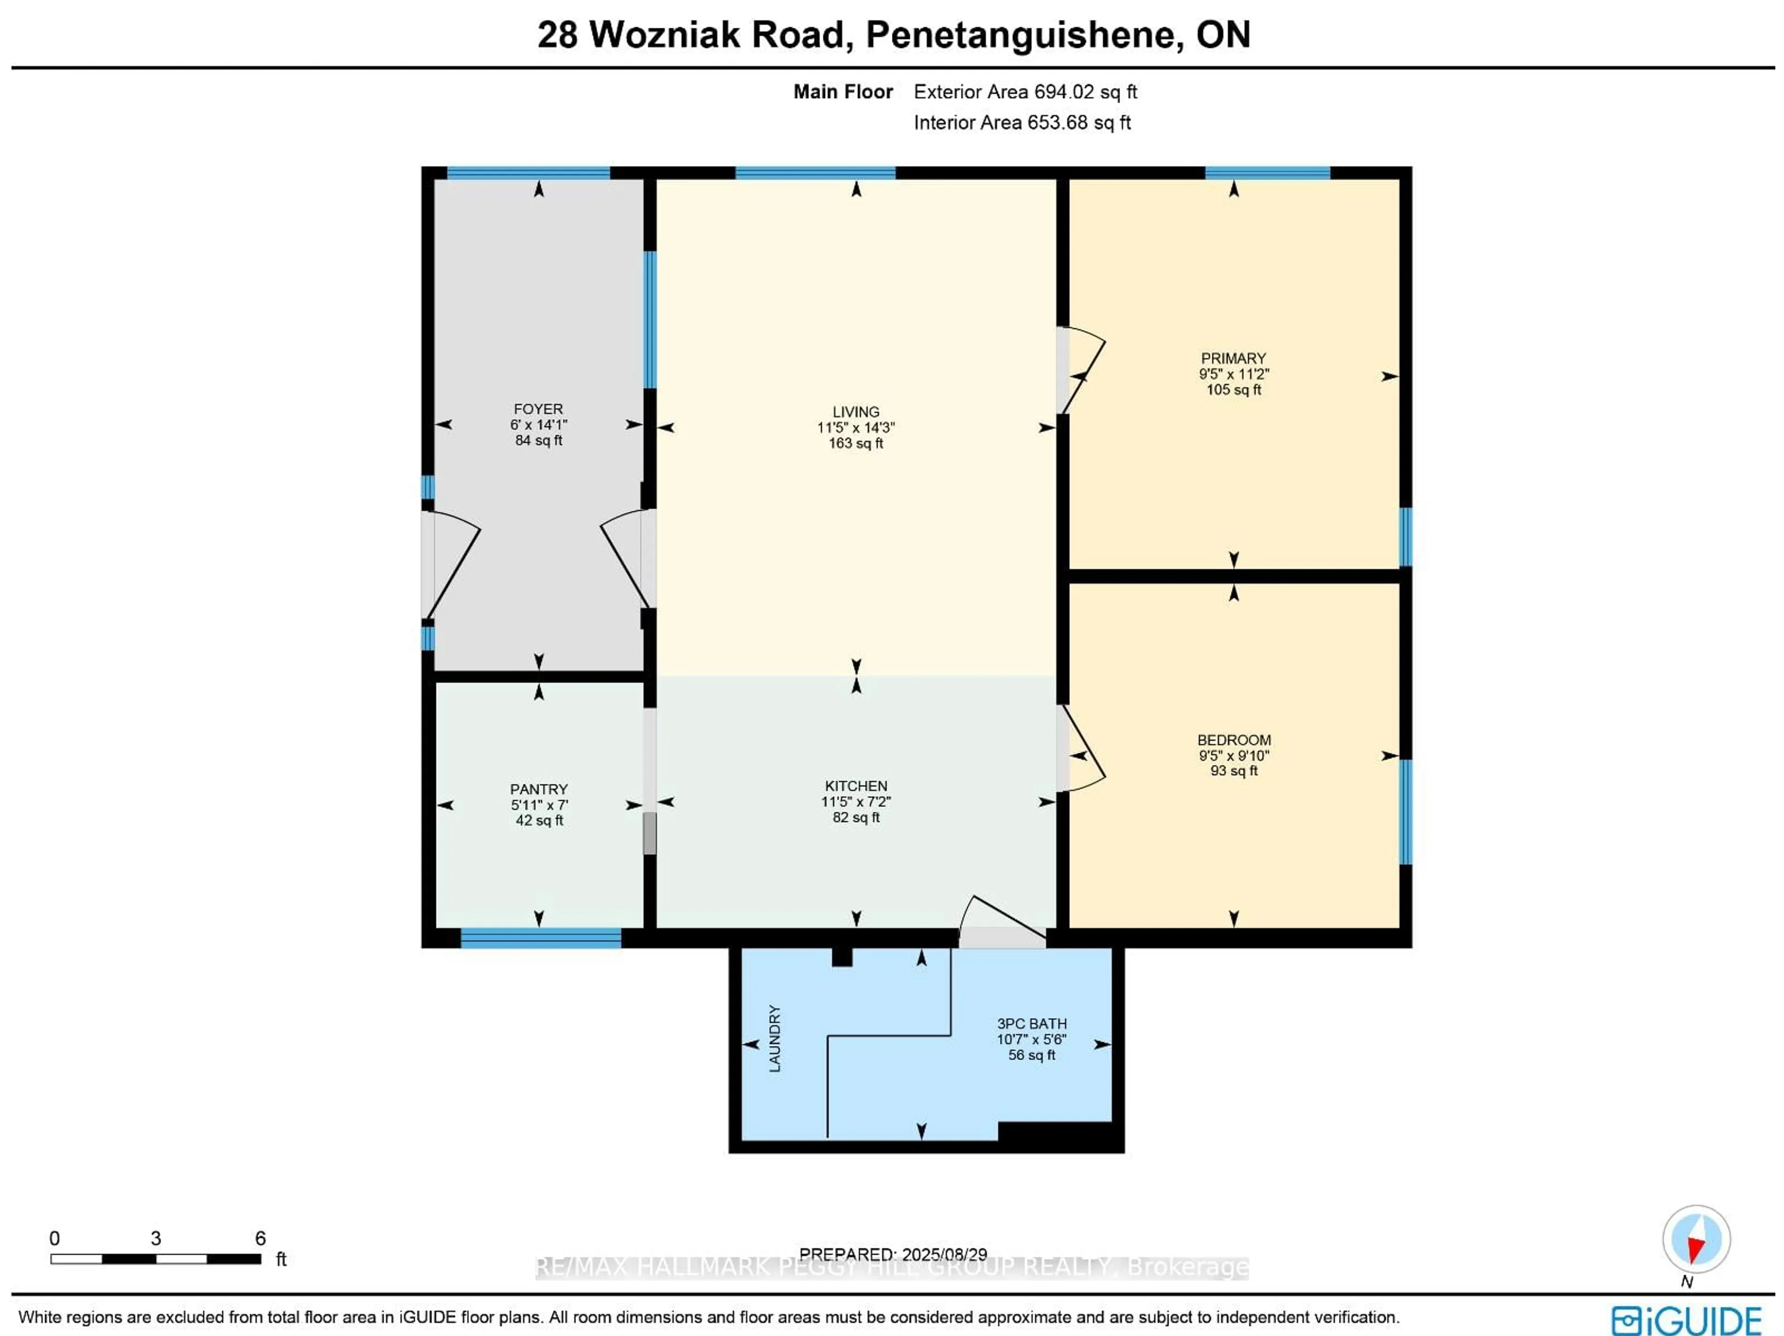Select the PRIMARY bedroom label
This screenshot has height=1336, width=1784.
pyautogui.click(x=1233, y=358)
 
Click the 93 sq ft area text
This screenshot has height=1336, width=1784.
pyautogui.click(x=1233, y=770)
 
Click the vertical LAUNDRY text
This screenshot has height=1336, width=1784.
pyautogui.click(x=774, y=1038)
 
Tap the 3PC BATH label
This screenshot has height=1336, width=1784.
pyautogui.click(x=1031, y=1024)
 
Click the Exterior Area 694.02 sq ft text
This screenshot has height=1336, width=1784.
pyautogui.click(x=1024, y=92)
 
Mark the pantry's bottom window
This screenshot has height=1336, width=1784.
pyautogui.click(x=540, y=937)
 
